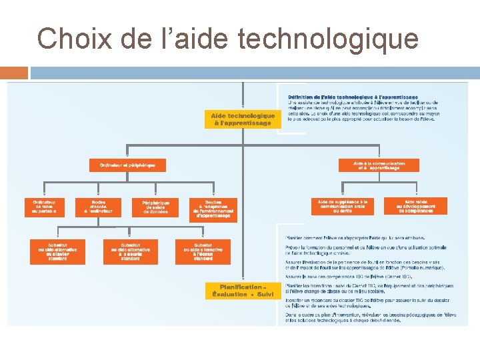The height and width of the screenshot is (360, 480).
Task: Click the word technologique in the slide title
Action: [327, 39]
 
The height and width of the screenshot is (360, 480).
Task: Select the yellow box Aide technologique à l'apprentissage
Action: [243, 119]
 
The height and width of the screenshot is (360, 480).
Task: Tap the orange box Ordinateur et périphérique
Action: [127, 165]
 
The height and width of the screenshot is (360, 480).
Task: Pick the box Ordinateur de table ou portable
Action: [45, 207]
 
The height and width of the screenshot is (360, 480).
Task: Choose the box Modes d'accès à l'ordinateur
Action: [99, 207]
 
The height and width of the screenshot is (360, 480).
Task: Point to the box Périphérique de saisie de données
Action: [155, 207]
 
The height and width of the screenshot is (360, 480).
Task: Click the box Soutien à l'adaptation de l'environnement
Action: [213, 209]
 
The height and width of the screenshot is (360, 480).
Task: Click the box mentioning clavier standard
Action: [57, 251]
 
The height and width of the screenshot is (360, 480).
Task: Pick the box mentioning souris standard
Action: [131, 251]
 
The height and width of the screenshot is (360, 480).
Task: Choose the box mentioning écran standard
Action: [203, 251]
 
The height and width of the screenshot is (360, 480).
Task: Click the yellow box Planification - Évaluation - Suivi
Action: [243, 291]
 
